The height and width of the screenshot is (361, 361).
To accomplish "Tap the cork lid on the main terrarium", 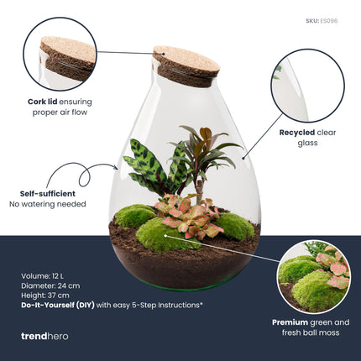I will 185,65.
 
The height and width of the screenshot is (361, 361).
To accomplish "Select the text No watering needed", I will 48,204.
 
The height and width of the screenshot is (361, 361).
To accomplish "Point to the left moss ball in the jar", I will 133,216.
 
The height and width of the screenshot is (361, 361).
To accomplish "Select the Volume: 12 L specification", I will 48,275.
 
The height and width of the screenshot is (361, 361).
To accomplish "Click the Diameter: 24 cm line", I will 55,285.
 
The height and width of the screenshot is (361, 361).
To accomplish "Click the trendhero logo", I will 44,336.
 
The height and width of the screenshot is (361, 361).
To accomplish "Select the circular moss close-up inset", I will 315,277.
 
